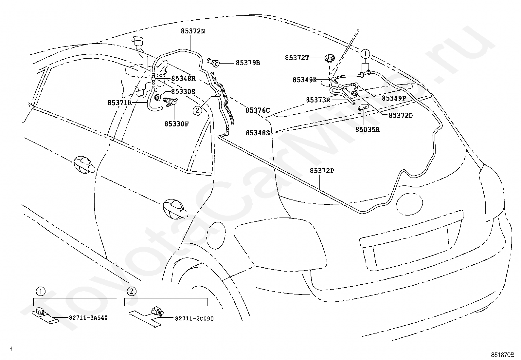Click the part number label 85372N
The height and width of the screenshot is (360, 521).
coord(193,31)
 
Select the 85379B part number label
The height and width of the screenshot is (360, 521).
coord(248,63)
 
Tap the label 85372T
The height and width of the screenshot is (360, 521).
coord(297,58)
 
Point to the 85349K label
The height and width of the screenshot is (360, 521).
coord(304,80)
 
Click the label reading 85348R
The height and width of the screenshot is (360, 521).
coord(183,79)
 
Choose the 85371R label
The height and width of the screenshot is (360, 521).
coord(119,103)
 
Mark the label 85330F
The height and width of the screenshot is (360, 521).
coord(176,124)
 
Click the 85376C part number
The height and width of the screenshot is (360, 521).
coord(258,110)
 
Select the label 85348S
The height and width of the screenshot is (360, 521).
coord(258,133)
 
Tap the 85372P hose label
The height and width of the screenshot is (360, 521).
coord(322,171)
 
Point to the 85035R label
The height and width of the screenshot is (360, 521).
coord(368,129)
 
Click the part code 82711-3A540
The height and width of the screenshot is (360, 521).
coord(88,318)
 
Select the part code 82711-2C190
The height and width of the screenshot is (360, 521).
coord(194,318)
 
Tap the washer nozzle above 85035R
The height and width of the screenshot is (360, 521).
coord(363,107)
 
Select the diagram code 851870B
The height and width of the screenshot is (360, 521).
coord(503,355)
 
